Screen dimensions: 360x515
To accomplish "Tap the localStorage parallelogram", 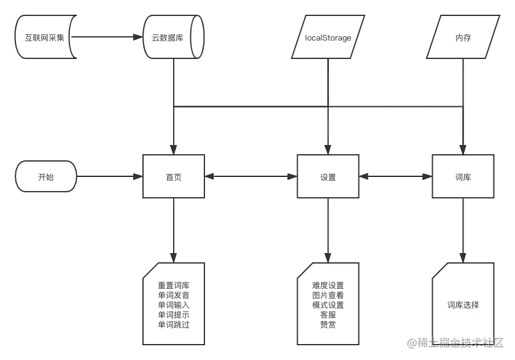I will click(x=328, y=37).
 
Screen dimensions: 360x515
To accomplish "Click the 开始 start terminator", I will click(x=46, y=177).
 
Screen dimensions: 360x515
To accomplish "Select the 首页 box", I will click(x=174, y=177).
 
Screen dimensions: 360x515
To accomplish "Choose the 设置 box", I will click(x=328, y=177).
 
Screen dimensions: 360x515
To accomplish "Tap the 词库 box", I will click(x=463, y=177).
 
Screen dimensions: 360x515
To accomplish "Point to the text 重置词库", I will click(x=174, y=286).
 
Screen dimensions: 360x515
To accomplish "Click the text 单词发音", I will click(x=174, y=295).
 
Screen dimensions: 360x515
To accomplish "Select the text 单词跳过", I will click(x=174, y=324).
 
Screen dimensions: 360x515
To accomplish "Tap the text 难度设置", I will click(x=328, y=286).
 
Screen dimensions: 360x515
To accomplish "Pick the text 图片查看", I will click(x=328, y=295).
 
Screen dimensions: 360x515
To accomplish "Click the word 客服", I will click(x=328, y=315).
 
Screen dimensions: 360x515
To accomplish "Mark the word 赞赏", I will click(x=328, y=324).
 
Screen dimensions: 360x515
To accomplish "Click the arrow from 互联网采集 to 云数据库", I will click(x=108, y=37).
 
